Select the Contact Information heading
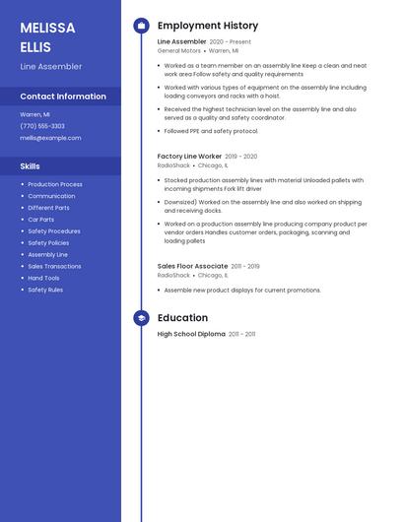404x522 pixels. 63,97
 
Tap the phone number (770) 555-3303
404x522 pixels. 42,126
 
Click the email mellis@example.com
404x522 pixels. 50,138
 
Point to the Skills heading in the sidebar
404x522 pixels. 31,166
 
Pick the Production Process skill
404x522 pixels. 55,184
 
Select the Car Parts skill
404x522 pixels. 41,220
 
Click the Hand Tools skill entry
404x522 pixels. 43,278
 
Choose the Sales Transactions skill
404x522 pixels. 54,266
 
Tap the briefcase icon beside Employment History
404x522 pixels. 141,26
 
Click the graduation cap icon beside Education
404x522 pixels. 141,318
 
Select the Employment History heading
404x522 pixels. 208,26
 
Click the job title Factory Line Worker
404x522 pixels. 189,157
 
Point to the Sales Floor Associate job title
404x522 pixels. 192,266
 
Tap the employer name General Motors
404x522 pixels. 178,50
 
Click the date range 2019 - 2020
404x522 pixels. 241,157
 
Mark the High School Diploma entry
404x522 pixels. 191,334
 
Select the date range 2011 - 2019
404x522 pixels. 246,266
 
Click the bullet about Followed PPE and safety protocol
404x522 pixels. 211,131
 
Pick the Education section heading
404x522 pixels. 182,318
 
